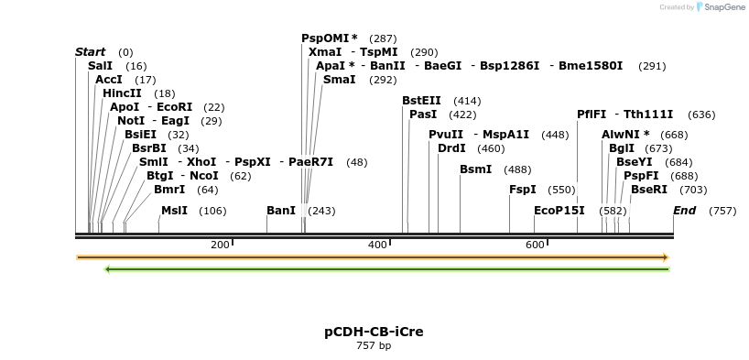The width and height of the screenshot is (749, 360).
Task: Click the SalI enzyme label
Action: (x=100, y=66)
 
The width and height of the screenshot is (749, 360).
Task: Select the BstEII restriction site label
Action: (x=421, y=101)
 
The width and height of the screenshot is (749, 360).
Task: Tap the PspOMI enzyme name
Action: (x=325, y=38)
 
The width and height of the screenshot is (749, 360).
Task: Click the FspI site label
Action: (x=522, y=190)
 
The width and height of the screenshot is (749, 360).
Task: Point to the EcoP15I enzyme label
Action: (x=559, y=211)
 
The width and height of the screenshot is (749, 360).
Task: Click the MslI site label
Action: (x=174, y=211)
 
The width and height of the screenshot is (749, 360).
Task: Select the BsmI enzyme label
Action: (x=475, y=169)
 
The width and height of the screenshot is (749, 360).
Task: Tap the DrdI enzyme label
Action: (x=451, y=148)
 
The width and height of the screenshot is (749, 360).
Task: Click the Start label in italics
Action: (x=90, y=52)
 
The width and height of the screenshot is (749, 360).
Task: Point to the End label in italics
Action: (x=684, y=211)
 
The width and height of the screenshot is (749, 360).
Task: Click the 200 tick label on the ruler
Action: (x=220, y=245)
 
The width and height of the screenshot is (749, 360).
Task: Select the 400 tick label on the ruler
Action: (x=377, y=245)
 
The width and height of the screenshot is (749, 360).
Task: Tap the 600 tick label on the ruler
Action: (x=535, y=245)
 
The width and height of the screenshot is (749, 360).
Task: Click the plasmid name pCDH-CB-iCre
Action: (x=374, y=332)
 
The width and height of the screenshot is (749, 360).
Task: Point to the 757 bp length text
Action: (x=374, y=346)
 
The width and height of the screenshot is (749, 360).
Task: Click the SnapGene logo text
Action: (x=718, y=7)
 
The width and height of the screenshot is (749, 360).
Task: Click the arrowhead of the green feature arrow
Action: (x=108, y=269)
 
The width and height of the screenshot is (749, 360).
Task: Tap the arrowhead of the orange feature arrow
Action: (x=667, y=257)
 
